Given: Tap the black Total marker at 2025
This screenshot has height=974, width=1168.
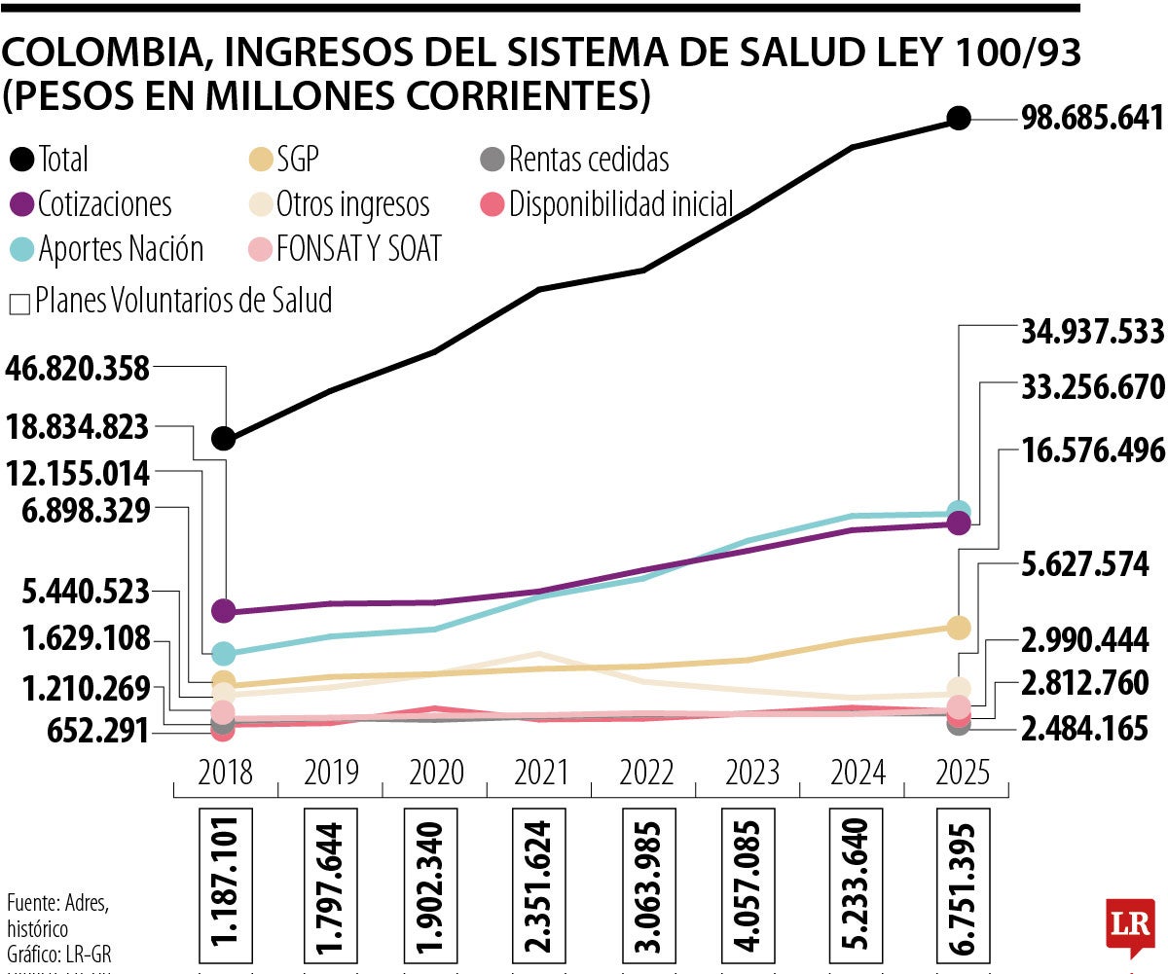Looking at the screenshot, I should click(x=959, y=119).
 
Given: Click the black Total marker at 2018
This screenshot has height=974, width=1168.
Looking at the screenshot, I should click(x=224, y=439).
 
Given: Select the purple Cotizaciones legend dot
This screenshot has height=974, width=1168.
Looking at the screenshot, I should click(x=22, y=204).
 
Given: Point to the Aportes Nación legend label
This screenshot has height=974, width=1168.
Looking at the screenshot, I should click(x=121, y=249).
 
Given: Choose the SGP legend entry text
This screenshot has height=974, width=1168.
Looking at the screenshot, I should click(x=298, y=159).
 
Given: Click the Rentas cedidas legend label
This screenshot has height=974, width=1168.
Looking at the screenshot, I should click(x=589, y=159).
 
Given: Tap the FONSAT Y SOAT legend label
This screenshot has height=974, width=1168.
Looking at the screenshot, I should click(x=359, y=249).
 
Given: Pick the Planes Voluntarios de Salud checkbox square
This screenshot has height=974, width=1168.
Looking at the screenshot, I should click(x=18, y=304).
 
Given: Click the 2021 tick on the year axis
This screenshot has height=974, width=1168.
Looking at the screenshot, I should click(x=541, y=774).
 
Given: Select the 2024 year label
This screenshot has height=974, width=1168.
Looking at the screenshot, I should click(x=858, y=774).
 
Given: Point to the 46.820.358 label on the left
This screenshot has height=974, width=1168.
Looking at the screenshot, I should click(x=78, y=369).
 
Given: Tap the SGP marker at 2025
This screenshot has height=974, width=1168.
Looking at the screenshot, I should click(x=959, y=628).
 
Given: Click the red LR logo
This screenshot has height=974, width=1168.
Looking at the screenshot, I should click(x=1130, y=926).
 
